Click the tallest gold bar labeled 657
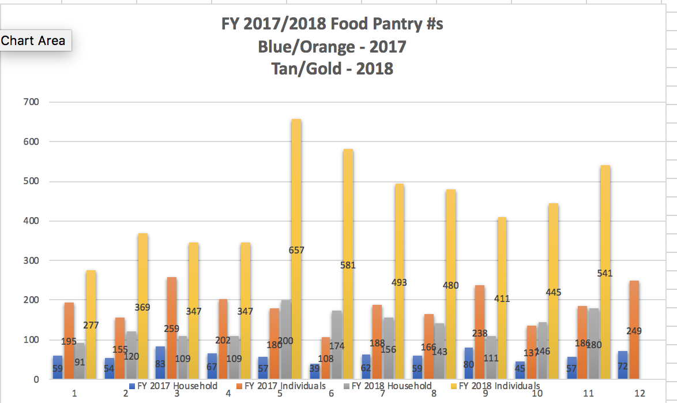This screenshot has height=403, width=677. (x=296, y=191)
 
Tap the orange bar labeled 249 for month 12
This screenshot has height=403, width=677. (x=633, y=300)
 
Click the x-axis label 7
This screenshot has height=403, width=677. (x=383, y=394)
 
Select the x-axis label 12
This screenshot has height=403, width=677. (x=640, y=394)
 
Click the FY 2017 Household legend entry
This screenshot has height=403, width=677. (x=173, y=386)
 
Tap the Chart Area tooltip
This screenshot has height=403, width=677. (x=33, y=40)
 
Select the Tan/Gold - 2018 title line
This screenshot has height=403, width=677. (x=332, y=69)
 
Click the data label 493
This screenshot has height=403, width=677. (x=399, y=283)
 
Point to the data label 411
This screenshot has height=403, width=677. (x=502, y=299)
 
